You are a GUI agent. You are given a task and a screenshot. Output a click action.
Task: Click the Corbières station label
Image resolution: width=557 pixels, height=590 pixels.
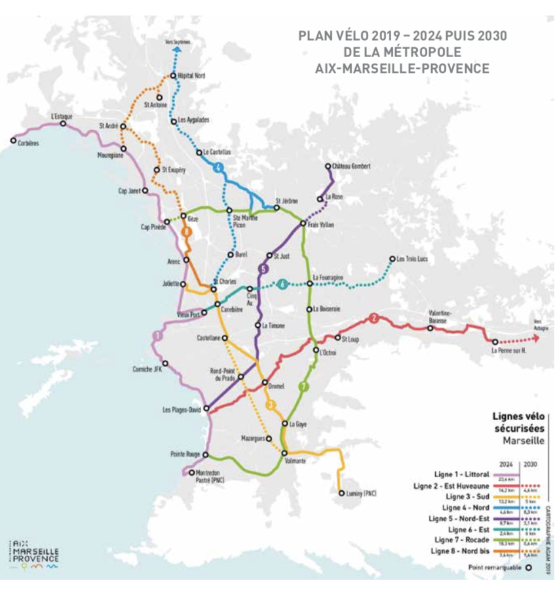29,142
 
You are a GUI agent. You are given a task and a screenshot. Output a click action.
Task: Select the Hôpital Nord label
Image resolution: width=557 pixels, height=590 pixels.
192,76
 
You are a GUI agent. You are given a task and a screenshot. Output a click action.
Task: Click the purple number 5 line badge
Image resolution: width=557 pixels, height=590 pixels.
263,269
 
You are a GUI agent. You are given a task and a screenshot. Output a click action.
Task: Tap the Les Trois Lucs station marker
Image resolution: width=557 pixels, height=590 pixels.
393,259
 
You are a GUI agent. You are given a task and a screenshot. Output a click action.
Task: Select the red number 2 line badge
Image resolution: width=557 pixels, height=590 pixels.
374,319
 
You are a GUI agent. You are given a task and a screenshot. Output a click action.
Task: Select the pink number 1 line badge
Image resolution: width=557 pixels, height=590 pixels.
157,336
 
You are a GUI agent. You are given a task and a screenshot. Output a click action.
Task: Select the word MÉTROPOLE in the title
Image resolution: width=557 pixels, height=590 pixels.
424,52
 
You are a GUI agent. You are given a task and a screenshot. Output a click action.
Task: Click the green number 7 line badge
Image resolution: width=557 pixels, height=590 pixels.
303,387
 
